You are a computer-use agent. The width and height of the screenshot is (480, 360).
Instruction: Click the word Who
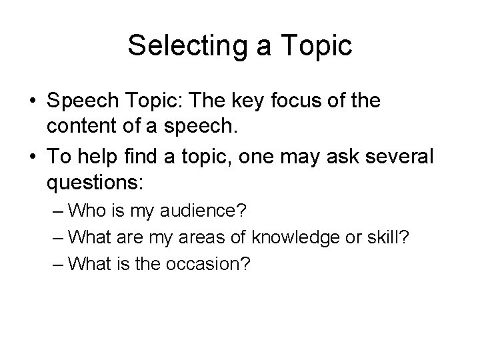pyautogui.click(x=85, y=213)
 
